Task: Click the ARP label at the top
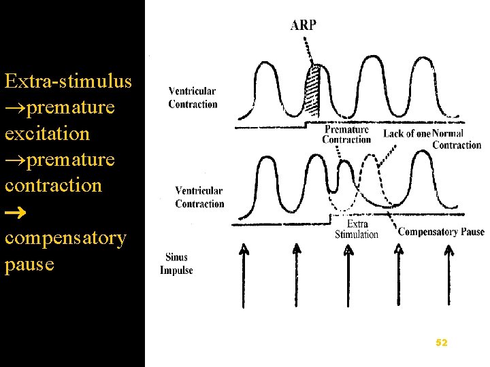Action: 303,26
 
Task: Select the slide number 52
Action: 442,343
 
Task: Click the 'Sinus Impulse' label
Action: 176,264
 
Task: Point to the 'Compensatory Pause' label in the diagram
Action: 441,232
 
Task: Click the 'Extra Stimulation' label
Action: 356,229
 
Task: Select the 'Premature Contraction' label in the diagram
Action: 346,135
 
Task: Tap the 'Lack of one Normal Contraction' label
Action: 432,139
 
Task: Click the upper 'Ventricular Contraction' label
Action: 193,98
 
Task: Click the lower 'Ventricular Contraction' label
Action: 199,197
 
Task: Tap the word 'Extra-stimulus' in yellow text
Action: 68,82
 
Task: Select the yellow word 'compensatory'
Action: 65,238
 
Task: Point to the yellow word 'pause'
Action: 29,264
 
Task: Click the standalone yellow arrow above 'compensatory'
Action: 15,212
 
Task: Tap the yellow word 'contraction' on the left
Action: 53,185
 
